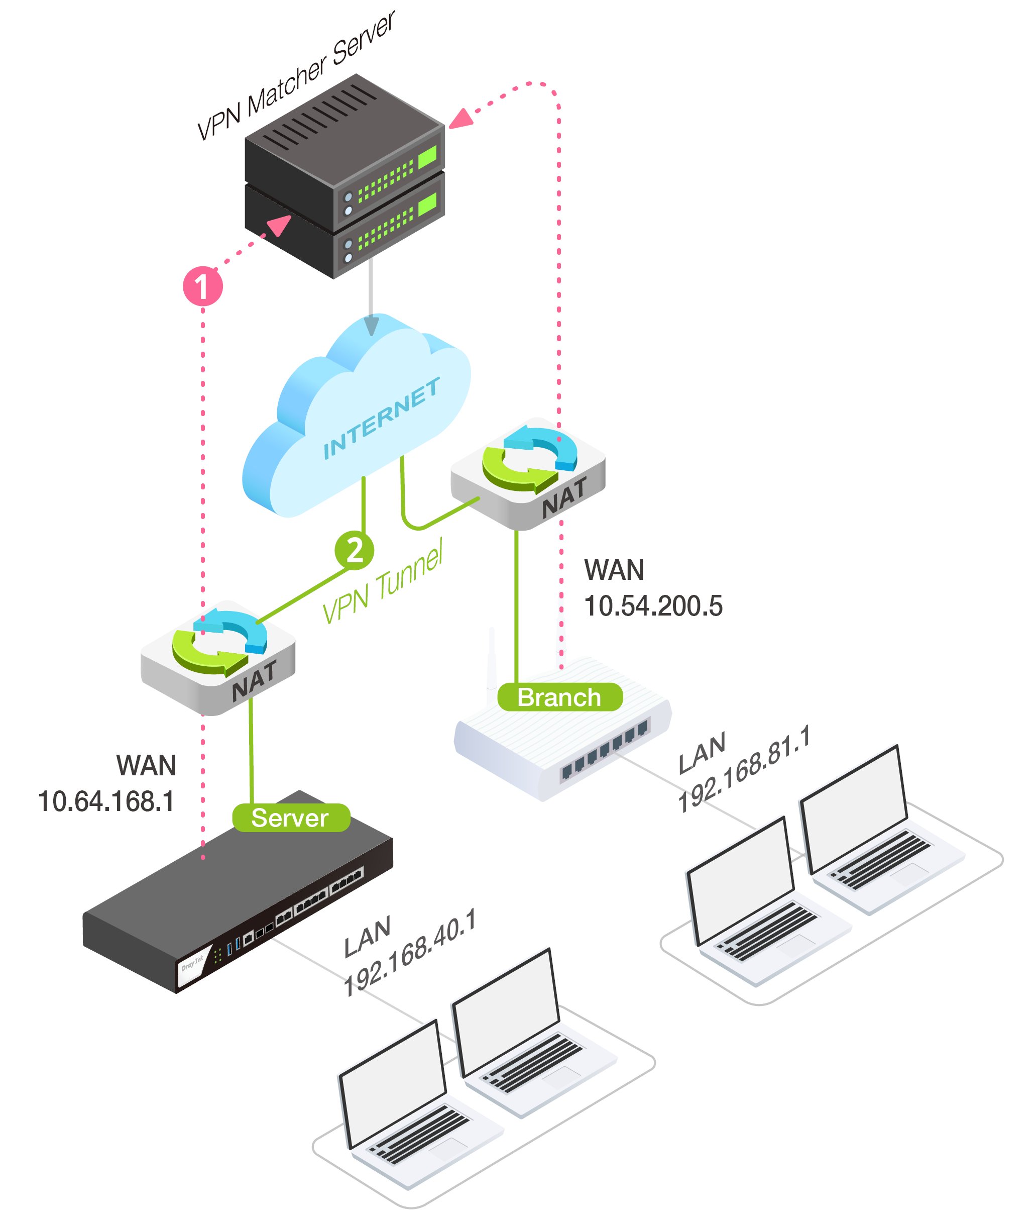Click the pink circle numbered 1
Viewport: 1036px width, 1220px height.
pos(202,286)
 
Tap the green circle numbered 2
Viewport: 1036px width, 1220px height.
pos(354,550)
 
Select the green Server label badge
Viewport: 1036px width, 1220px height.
pos(291,818)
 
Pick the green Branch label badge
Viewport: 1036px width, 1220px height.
pos(559,697)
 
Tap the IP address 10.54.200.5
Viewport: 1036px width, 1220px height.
pos(653,606)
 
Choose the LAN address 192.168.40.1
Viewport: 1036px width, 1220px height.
pos(409,953)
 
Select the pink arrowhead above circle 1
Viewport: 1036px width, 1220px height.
pos(280,225)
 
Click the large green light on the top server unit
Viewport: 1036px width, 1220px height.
pos(427,156)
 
